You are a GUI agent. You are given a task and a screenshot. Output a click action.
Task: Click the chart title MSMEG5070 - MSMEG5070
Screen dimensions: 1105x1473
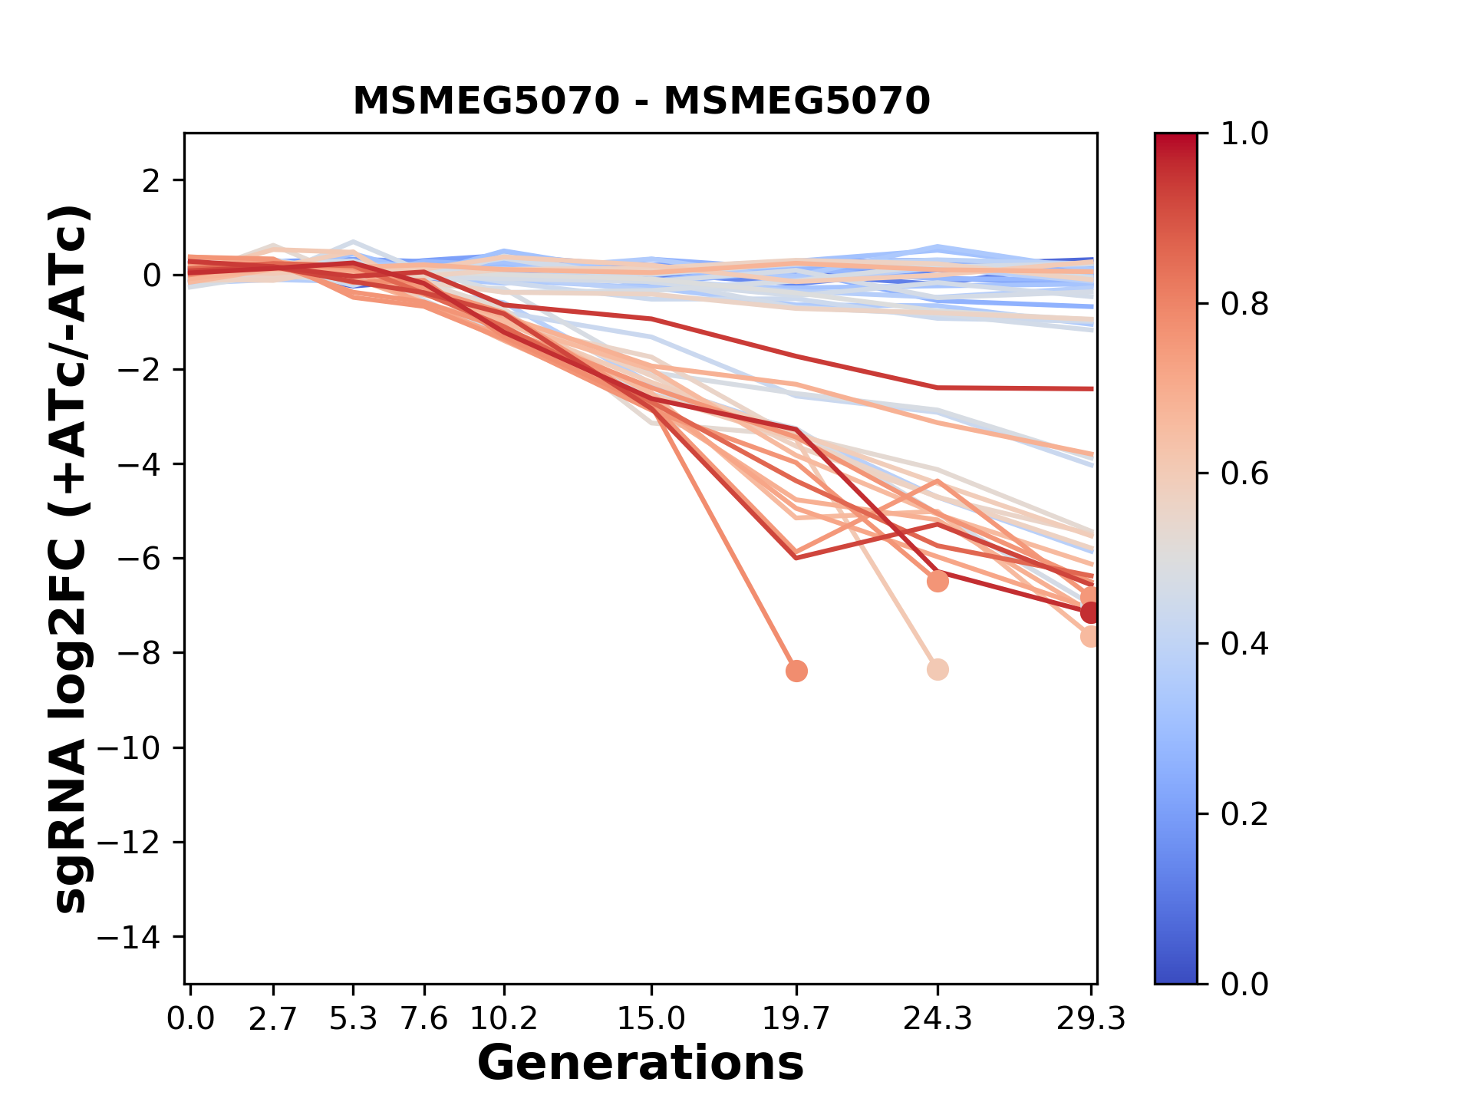641,101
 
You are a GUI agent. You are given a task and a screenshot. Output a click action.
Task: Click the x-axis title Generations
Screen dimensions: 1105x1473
641,1064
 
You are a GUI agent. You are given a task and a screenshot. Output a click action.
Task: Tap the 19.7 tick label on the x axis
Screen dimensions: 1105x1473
796,1019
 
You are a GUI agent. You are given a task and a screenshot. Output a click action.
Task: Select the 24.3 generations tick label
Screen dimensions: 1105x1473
938,1019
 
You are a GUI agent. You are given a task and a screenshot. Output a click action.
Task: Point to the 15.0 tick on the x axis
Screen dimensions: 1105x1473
651,1019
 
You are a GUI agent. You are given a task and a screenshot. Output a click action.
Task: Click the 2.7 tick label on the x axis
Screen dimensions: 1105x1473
273,1019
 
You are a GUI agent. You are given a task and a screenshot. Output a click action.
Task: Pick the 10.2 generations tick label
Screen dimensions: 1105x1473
503,1019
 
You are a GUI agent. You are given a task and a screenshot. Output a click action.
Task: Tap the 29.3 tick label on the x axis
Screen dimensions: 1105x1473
1091,1019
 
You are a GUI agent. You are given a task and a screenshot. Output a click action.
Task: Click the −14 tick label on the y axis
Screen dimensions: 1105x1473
139,937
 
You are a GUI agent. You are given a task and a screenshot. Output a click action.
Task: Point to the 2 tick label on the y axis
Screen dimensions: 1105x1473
151,181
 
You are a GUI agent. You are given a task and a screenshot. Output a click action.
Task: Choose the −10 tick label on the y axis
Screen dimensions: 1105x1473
139,748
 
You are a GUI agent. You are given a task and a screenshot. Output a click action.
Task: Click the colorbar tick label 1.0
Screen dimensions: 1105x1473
1244,134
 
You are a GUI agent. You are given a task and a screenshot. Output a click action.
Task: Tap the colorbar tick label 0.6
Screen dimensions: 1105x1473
1244,474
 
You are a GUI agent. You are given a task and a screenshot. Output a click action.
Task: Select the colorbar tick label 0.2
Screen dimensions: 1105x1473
1244,814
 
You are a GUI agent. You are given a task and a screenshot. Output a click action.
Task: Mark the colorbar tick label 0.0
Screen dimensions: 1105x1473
1244,985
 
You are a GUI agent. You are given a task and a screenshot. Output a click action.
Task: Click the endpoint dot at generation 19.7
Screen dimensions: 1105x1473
796,671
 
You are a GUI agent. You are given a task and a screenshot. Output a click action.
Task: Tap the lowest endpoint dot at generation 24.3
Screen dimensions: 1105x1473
938,670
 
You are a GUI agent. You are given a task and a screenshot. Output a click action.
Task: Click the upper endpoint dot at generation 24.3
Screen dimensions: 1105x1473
938,582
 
